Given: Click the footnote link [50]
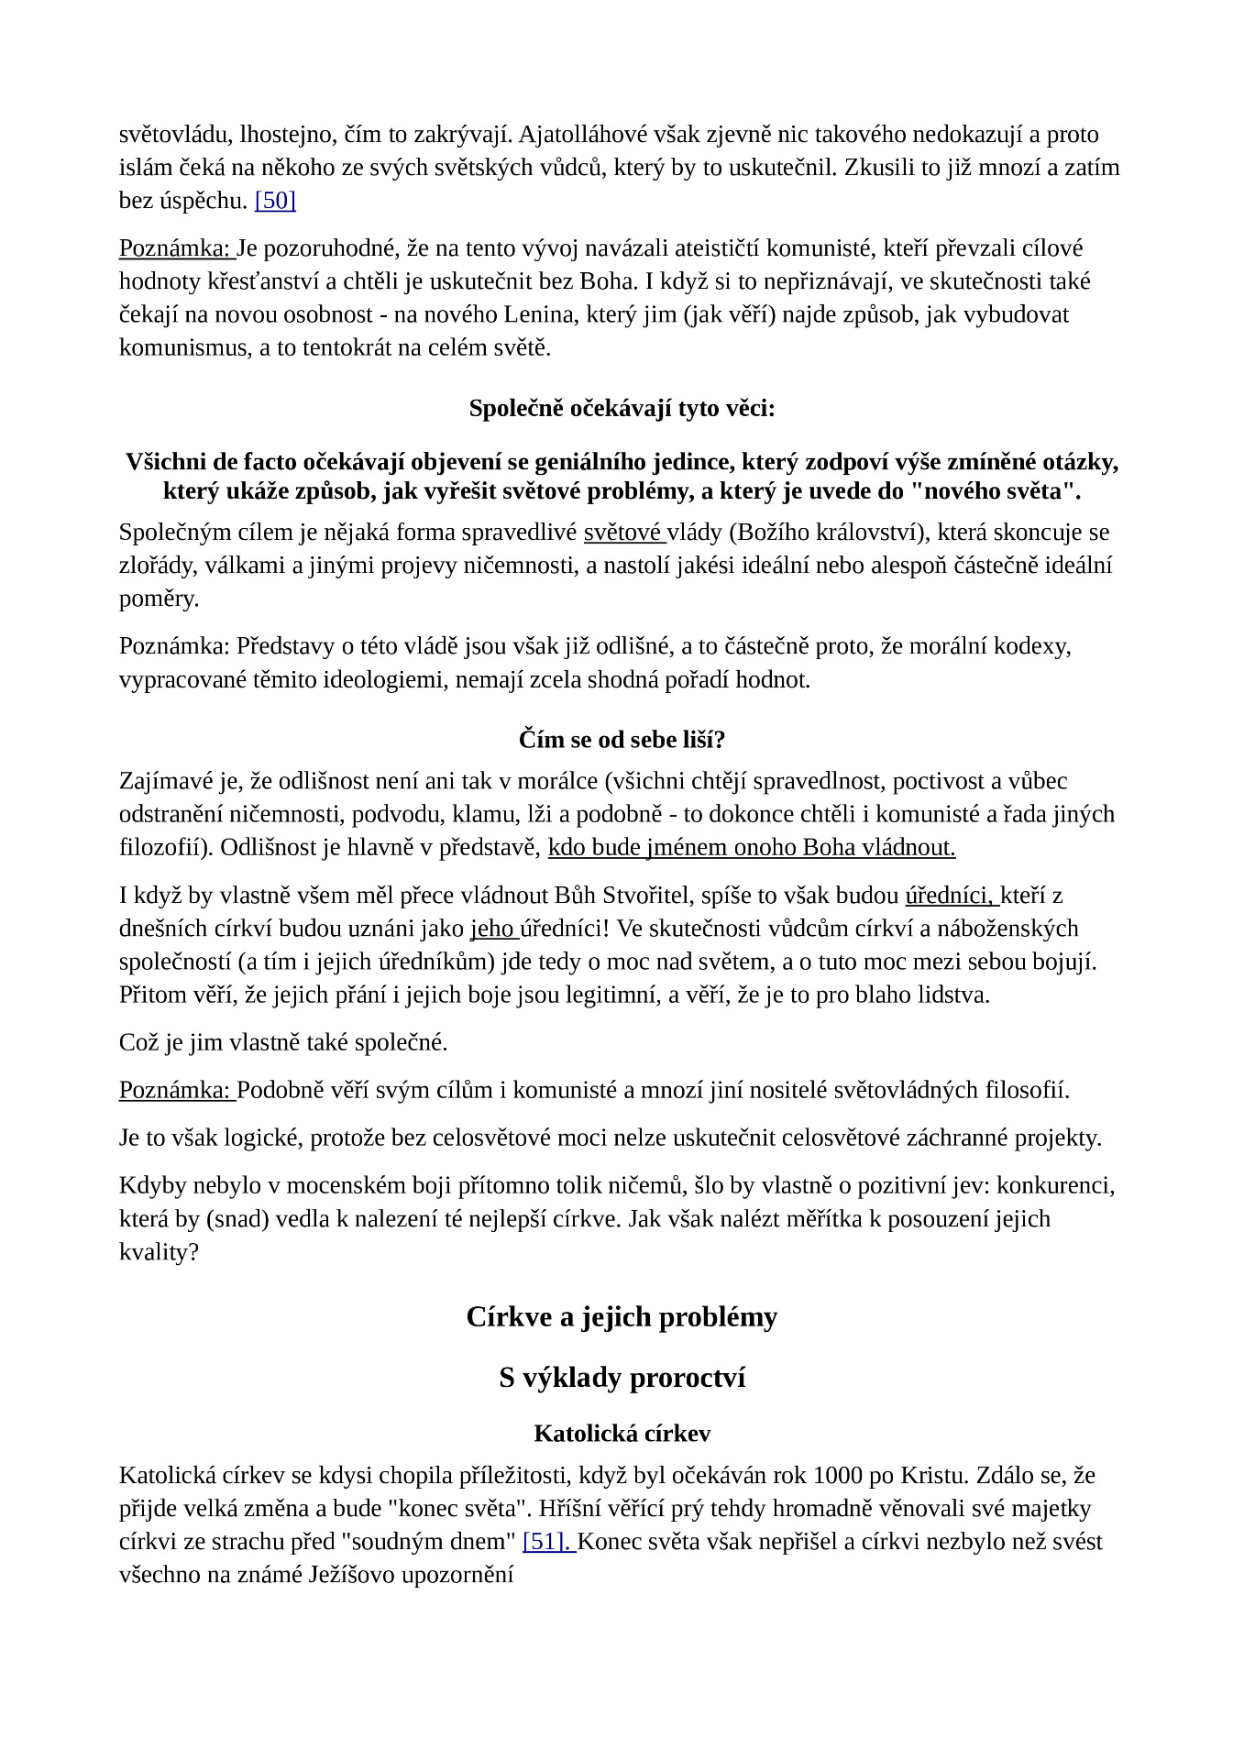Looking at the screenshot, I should [x=275, y=201].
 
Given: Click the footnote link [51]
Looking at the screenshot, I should [x=546, y=1541].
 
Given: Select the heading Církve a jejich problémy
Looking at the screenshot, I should [x=622, y=1317].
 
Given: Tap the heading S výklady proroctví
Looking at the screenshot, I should [x=622, y=1378].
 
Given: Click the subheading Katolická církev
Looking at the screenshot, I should [x=622, y=1433].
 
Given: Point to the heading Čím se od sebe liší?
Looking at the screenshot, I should [x=622, y=739].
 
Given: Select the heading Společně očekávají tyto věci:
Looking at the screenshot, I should [x=622, y=408].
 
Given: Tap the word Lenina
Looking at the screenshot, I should [x=538, y=314].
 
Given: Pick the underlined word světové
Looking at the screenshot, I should [x=622, y=533].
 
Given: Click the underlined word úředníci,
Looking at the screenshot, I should [x=949, y=896].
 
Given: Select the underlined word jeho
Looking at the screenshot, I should [x=492, y=929].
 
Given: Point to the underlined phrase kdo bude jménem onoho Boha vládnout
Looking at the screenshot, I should [x=752, y=847].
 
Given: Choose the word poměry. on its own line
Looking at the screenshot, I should [x=159, y=599].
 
